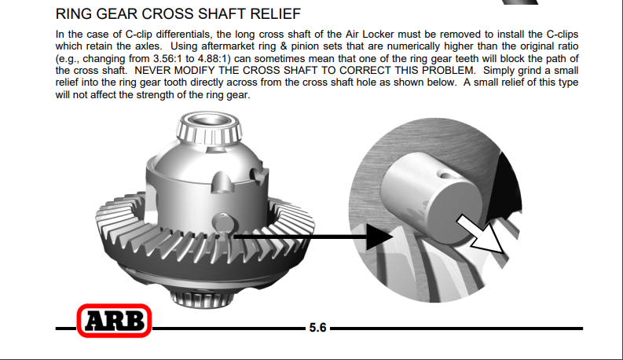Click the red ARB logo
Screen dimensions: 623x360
114,321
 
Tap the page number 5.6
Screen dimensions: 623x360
317,328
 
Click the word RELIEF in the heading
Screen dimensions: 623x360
275,14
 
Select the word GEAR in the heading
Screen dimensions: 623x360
118,14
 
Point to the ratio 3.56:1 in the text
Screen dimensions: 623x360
168,58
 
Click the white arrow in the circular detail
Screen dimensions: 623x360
480,234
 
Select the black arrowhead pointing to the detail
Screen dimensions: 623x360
379,237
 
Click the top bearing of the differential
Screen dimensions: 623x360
210,128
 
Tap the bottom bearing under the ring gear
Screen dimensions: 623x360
202,298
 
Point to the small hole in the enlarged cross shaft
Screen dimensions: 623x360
445,174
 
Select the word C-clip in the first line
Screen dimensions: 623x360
139,34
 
